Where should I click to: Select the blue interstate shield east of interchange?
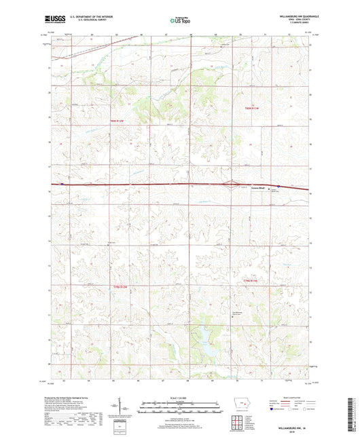pyautogui.click(x=276, y=188)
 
